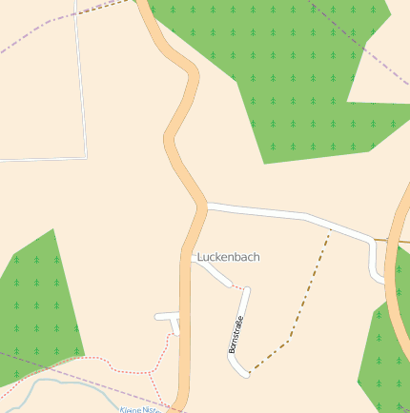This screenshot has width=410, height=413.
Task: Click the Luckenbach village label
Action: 228,257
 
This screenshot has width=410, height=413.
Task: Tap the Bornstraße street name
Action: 236,334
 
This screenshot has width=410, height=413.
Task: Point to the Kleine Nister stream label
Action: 139,409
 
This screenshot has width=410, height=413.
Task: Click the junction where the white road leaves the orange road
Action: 206,205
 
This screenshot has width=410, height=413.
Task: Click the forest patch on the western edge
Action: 38,305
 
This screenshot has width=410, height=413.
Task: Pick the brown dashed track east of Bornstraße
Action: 310,285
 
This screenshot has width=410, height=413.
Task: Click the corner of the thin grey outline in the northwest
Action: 86,156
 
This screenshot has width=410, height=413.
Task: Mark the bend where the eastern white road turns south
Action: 371,240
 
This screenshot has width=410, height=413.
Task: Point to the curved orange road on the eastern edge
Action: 394,285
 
